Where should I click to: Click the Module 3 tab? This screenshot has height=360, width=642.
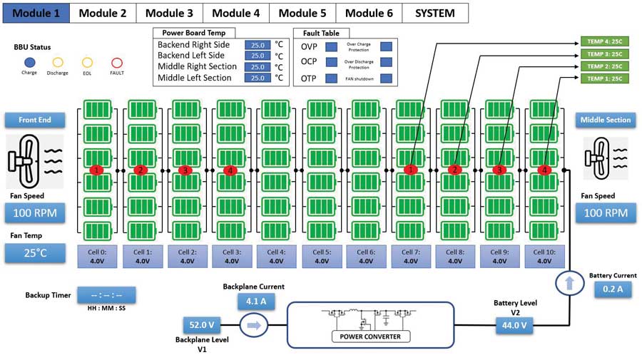coord(170,13)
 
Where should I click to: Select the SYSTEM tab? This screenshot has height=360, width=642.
coord(435,13)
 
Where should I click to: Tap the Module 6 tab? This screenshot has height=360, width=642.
coord(369,13)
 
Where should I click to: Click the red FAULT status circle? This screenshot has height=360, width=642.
coord(117,63)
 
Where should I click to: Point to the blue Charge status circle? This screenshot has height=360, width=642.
coord(29,63)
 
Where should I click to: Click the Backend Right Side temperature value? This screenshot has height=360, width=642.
coord(258,44)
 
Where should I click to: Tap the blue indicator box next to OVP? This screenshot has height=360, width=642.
coord(331,47)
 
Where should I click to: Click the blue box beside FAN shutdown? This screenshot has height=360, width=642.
coord(386,79)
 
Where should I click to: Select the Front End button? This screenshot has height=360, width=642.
coord(35,120)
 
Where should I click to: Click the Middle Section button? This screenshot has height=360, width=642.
coord(606,120)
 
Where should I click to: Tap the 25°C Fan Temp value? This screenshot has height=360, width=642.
coord(35,254)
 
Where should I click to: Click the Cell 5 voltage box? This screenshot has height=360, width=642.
coord(321,257)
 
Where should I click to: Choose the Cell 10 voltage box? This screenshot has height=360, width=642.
coord(544,257)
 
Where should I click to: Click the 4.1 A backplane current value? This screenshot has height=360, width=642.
coord(255,302)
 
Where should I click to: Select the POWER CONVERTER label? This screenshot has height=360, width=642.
coord(370,336)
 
